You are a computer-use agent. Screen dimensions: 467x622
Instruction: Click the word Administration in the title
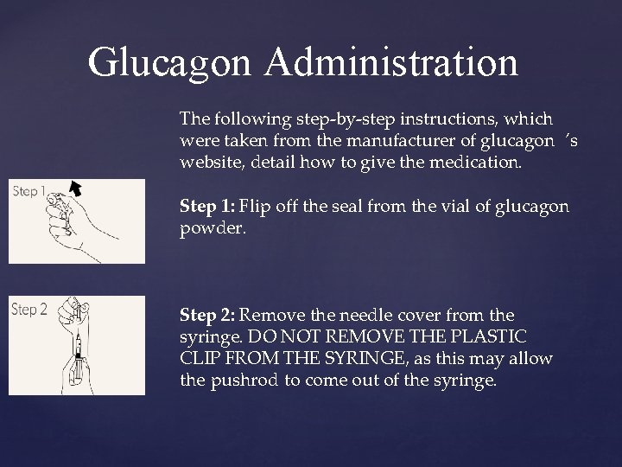point(392,62)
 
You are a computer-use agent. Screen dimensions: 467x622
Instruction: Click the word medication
point(474,161)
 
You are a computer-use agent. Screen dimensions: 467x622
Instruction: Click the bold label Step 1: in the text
point(207,207)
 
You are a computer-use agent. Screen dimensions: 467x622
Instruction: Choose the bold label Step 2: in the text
point(208,317)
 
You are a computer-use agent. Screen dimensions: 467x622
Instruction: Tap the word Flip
point(255,207)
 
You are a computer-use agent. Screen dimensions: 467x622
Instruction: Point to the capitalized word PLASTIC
point(497,337)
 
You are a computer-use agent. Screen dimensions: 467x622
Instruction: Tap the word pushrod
point(246,379)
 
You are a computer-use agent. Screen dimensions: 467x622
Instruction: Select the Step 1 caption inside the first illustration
point(29,191)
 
